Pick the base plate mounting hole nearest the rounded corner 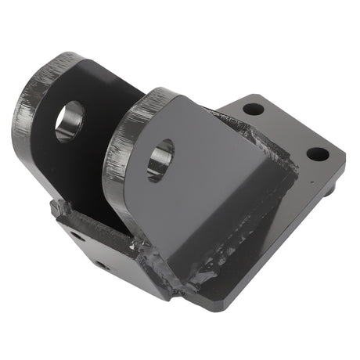(317, 153)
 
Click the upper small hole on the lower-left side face (75, 235)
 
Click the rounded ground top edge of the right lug (129, 125)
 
